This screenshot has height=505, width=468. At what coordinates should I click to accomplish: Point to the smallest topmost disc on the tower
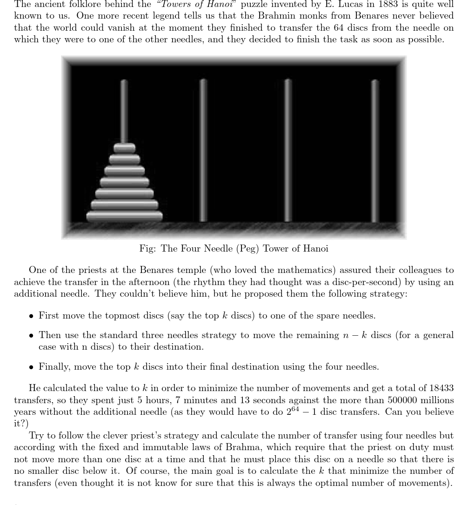124,148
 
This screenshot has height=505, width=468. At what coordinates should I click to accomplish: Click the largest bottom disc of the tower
124,216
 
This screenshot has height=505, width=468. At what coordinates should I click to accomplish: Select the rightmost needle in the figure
375,149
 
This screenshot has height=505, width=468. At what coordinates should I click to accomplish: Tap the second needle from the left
203,149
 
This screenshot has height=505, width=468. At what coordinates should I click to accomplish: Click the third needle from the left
288,149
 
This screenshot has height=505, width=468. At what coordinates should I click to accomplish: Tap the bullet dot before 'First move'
31,316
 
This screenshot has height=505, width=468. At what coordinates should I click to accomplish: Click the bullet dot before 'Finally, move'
31,367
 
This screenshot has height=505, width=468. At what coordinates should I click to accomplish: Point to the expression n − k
352,335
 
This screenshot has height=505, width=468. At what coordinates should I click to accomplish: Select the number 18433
441,388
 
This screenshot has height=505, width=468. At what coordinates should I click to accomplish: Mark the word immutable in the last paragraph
177,447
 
